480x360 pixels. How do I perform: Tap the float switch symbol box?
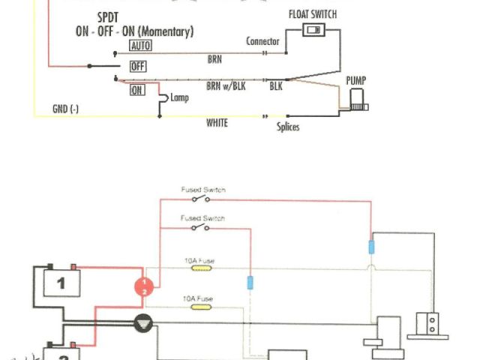coord(314,30)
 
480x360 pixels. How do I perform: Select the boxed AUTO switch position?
coord(140,46)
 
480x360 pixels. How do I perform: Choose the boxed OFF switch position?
coord(138,67)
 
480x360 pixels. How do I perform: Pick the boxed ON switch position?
coord(137,90)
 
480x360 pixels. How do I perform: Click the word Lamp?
coord(180,98)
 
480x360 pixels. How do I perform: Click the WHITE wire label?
coord(217,123)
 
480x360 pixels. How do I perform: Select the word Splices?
coord(288,127)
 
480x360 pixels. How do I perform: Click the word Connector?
coord(262,41)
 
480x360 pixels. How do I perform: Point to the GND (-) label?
coord(65,109)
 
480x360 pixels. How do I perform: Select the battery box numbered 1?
coord(61,283)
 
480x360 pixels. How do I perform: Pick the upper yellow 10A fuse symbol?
coord(202,268)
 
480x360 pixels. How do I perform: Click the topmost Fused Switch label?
coord(202,190)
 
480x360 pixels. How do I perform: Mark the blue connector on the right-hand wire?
coord(370,247)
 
